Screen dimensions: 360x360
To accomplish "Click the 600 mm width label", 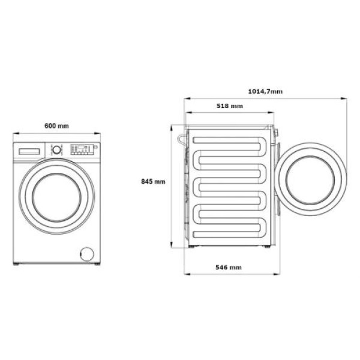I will click(56, 126).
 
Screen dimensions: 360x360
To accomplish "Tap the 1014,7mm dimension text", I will click(265, 91).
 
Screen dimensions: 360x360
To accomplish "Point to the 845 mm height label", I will click(153, 181).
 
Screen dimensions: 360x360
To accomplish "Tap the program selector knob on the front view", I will click(56, 149).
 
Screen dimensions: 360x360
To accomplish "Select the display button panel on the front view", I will click(81, 149).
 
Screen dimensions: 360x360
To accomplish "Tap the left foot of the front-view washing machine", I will click(17, 264).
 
